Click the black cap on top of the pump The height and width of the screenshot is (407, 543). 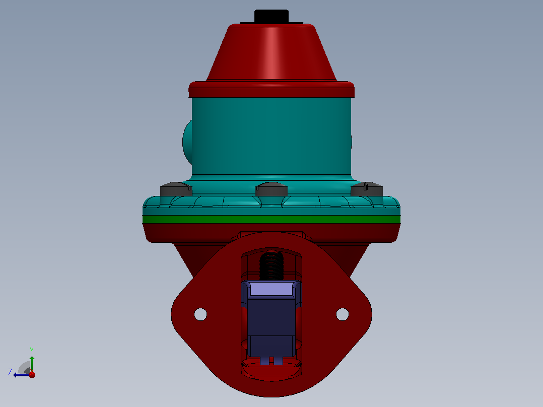point(271,16)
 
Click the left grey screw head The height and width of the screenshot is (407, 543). point(176,189)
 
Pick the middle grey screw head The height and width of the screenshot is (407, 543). point(271,189)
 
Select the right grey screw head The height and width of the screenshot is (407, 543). point(367,189)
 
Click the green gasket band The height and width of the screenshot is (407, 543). point(271,219)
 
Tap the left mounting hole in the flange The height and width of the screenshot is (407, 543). point(200,314)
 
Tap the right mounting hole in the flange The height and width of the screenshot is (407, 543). point(343,314)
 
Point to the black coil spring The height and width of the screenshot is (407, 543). point(271,265)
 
